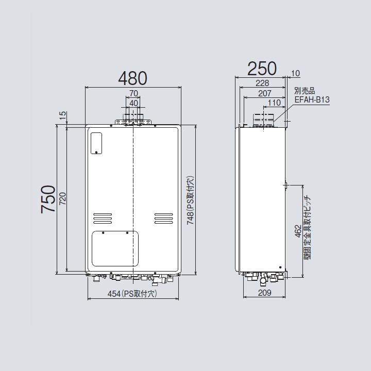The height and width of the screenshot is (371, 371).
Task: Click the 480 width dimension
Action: [132, 78]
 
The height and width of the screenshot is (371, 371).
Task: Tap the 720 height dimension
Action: [62, 199]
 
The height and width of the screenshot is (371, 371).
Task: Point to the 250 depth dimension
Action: [261, 69]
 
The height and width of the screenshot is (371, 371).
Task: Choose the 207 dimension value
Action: [265, 93]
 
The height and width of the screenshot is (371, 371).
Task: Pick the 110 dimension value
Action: [275, 103]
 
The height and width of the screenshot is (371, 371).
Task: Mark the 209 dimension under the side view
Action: [264, 293]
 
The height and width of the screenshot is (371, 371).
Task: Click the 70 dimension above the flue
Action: [133, 94]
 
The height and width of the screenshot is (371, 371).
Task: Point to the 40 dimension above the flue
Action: [133, 103]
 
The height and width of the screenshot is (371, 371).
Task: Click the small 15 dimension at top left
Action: [62, 116]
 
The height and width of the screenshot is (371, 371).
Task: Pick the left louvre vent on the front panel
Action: [103, 218]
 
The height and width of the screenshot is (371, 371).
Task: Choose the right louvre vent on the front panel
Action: [163, 218]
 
